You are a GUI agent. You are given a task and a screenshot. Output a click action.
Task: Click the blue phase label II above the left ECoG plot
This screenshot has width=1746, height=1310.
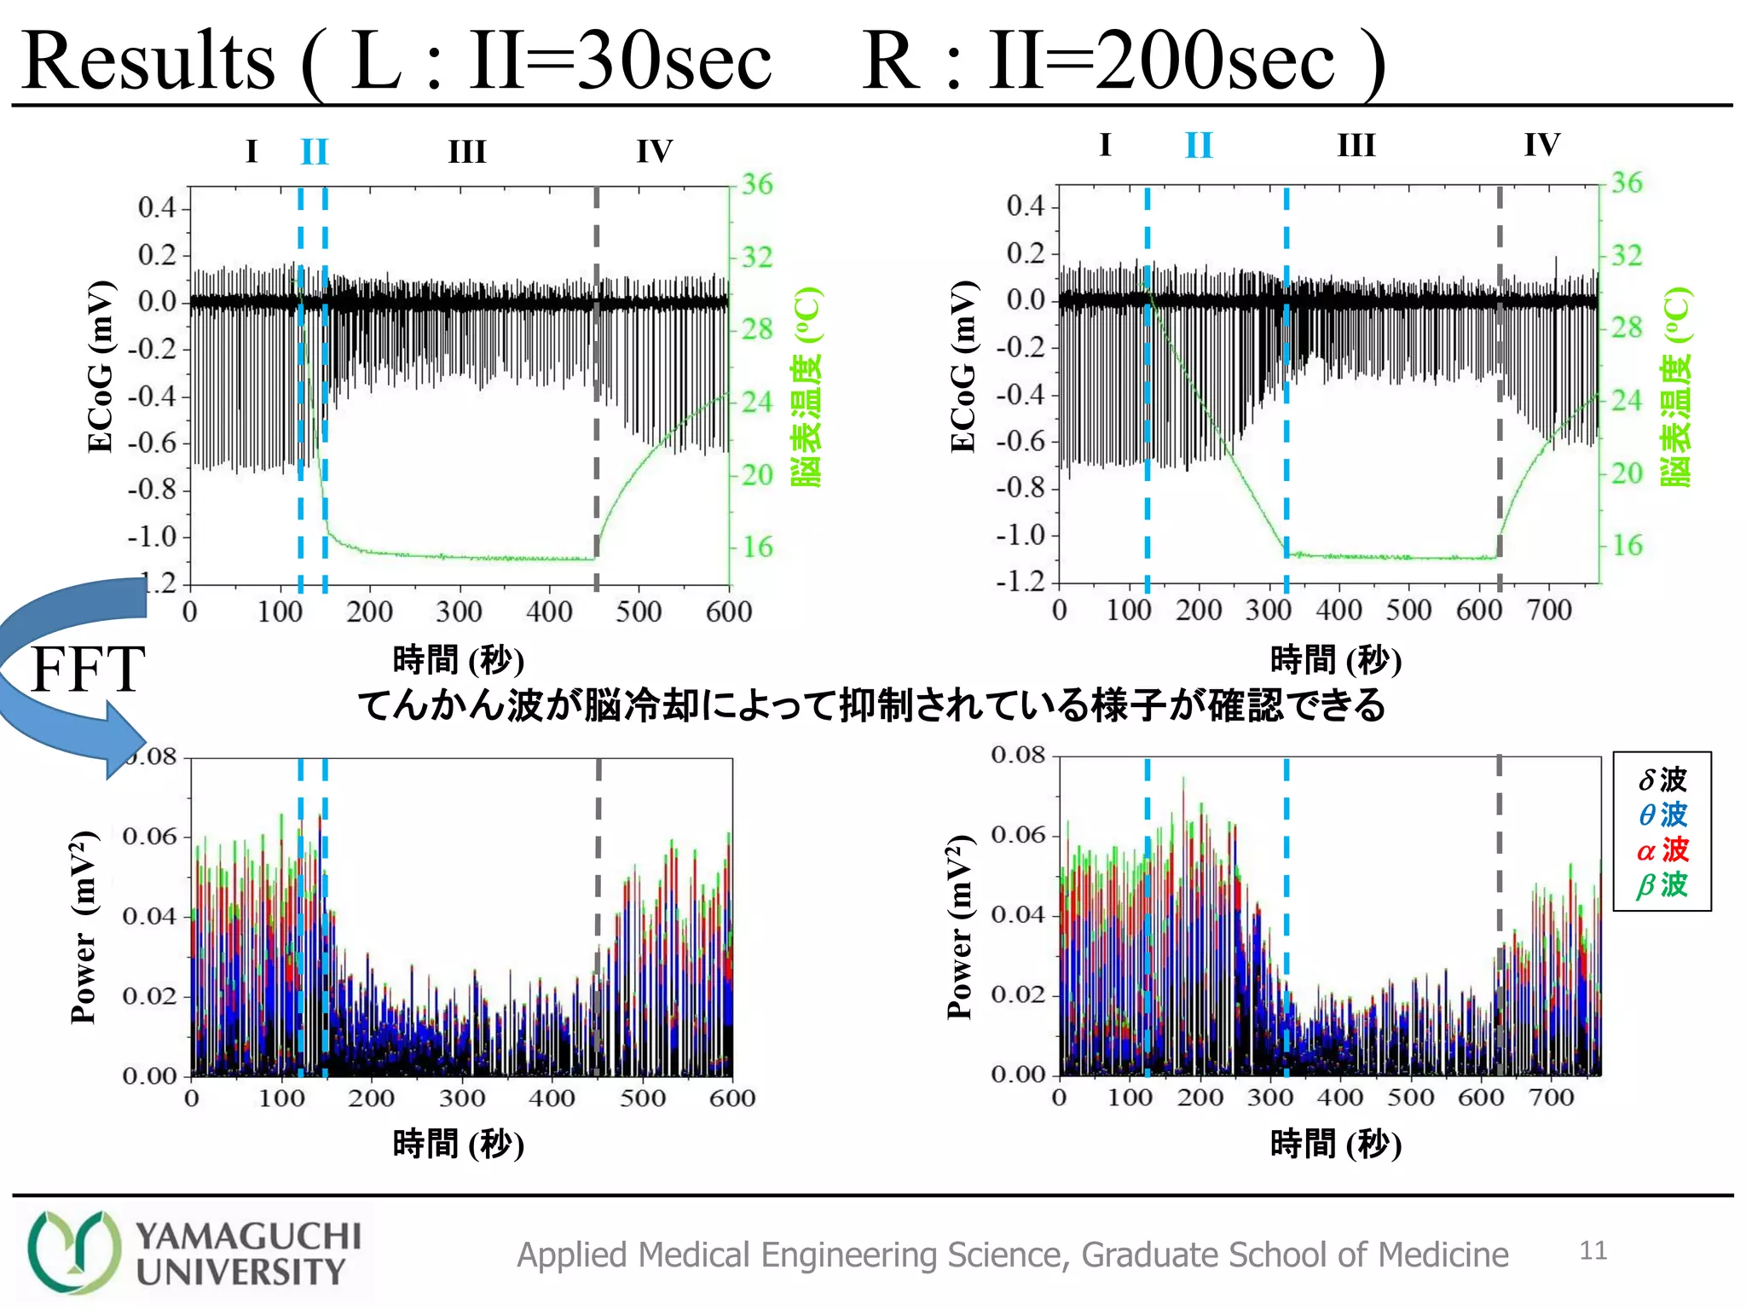pos(314,152)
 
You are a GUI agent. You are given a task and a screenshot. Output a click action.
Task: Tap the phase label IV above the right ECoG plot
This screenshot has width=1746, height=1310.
pos(1541,144)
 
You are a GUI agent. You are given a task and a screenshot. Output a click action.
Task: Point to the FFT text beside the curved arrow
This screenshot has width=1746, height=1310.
pos(88,669)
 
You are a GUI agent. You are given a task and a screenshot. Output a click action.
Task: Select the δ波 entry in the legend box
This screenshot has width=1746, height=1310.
pos(1662,779)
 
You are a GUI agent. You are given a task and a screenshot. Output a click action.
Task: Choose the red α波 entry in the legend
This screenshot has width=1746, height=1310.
pos(1662,849)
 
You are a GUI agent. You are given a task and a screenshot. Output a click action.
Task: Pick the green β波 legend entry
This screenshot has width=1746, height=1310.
pos(1662,884)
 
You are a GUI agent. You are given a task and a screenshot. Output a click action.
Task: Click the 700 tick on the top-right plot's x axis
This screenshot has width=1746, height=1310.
pos(1548,610)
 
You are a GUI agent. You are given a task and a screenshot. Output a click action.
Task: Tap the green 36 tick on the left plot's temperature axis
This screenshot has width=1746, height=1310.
pos(756,184)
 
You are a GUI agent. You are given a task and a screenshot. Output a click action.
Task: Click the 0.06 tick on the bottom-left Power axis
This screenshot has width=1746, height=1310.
pos(149,836)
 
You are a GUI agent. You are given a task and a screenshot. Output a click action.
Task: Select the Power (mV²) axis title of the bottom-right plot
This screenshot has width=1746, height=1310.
pos(960,927)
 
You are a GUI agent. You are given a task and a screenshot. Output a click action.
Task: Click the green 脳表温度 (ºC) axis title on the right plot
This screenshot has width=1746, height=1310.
pos(1675,386)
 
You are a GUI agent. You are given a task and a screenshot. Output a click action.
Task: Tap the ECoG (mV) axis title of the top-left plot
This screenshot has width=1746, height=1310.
pos(100,367)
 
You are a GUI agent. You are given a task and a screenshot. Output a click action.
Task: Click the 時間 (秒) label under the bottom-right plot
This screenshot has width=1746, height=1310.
pos(1335,1143)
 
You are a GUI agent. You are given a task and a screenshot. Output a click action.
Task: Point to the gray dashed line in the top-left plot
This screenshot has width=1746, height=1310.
pos(596,384)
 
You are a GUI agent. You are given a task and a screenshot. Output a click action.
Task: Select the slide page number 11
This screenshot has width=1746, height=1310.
pos(1593,1250)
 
